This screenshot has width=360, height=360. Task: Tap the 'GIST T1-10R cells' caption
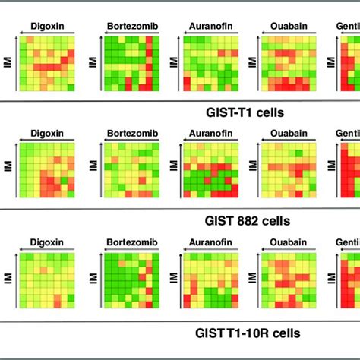pos(247,333)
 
